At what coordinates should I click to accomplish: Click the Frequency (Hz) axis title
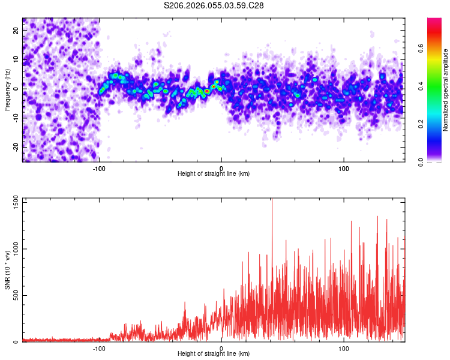click(7, 89)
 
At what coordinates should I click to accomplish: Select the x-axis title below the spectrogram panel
click(214, 174)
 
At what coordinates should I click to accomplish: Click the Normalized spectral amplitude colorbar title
click(446, 89)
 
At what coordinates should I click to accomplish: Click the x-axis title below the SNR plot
click(214, 353)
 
